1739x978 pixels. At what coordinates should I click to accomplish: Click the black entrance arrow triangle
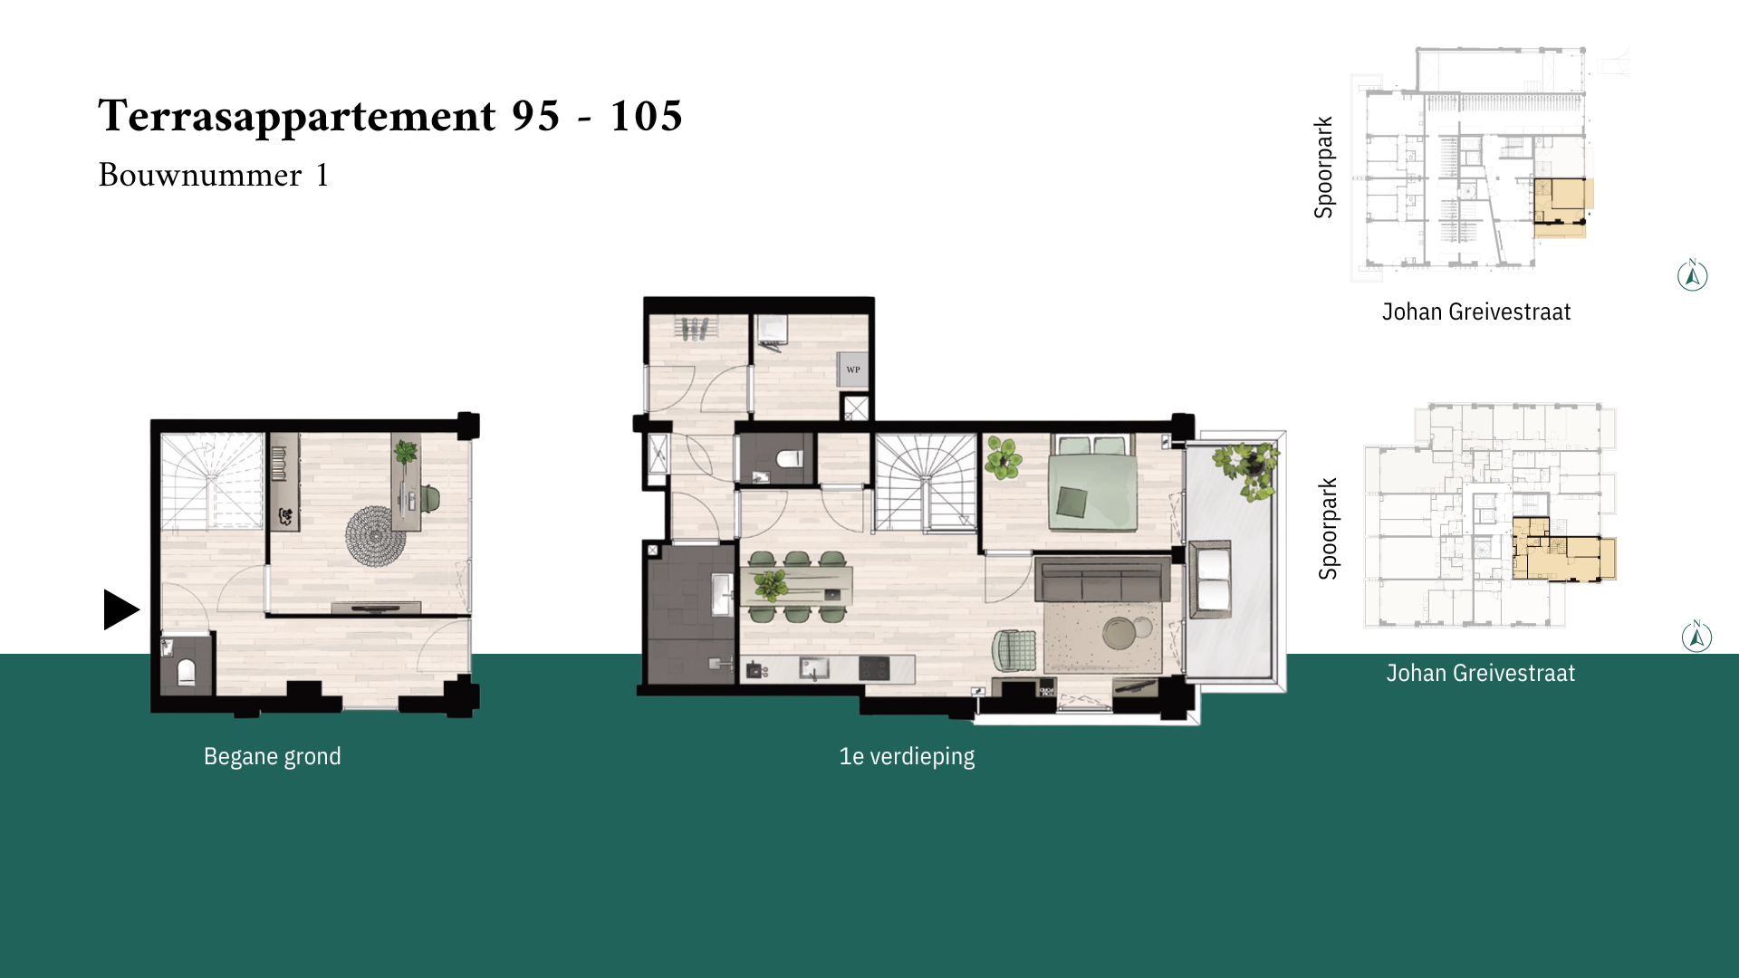coord(120,609)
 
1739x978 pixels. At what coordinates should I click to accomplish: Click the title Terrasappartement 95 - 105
coord(390,116)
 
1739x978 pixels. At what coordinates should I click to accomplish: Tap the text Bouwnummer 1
coord(214,175)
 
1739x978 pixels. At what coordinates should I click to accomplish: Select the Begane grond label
coord(273,756)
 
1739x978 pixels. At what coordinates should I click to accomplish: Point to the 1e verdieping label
coord(907,756)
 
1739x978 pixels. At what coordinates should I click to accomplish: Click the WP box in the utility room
coord(852,369)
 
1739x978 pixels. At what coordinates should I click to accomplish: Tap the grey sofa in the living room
coord(1102,580)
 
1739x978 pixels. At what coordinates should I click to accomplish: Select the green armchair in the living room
coord(1014,650)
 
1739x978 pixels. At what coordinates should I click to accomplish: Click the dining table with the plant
coord(797,586)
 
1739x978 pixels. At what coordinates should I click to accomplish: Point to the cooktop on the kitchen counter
coord(874,669)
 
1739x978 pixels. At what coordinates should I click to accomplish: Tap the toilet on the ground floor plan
coord(186,671)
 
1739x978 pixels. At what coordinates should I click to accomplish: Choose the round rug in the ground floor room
coord(375,536)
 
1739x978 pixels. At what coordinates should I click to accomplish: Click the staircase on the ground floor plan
coord(212,481)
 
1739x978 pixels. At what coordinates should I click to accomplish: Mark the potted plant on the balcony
coord(1248,468)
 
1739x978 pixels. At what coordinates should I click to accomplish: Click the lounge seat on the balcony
coord(1210,580)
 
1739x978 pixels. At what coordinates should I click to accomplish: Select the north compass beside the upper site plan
coord(1692,275)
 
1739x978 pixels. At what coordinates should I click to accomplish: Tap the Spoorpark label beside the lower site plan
coord(1328,529)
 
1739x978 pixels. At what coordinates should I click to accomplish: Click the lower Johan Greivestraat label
coord(1481,673)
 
